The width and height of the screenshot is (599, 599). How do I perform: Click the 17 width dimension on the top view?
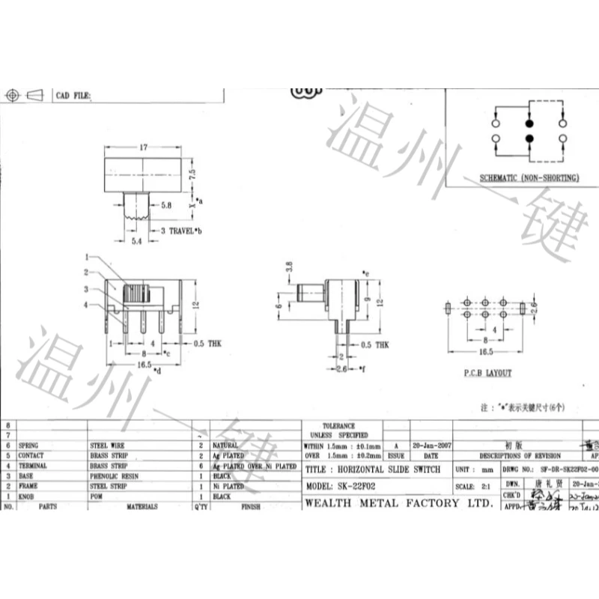[x=144, y=148]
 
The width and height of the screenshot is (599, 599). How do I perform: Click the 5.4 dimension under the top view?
[x=136, y=243]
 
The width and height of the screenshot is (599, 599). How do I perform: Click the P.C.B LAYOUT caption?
[x=487, y=373]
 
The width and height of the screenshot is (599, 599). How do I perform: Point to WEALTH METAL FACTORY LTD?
[x=398, y=502]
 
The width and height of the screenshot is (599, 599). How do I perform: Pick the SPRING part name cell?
[x=28, y=445]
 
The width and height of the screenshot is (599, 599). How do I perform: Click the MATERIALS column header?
[x=142, y=507]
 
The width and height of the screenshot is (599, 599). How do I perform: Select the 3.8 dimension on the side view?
[x=288, y=267]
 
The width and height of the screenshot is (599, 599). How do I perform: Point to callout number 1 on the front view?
[x=87, y=256]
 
